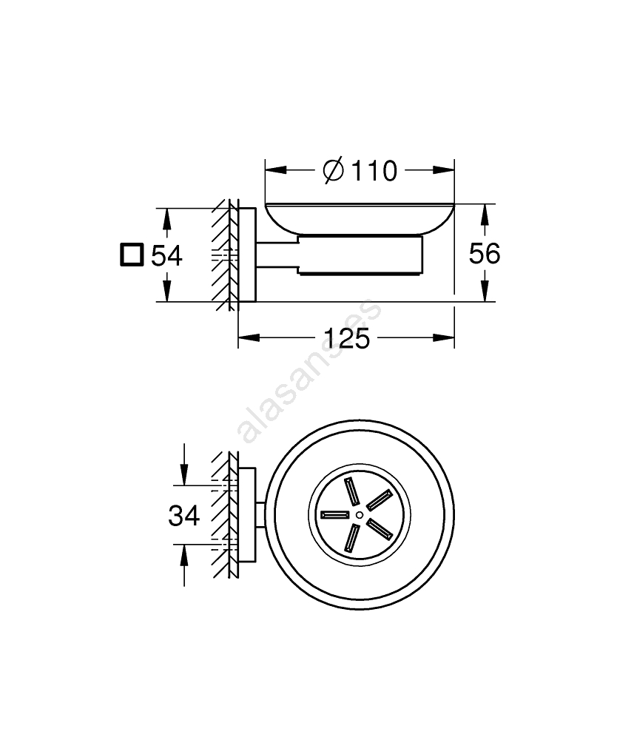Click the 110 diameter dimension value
(374, 171)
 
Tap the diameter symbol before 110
(334, 171)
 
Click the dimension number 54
(166, 256)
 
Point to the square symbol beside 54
(132, 255)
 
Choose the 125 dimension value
(347, 338)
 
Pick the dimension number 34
(184, 515)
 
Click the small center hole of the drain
(360, 514)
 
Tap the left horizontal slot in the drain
(334, 514)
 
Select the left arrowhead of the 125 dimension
(249, 337)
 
